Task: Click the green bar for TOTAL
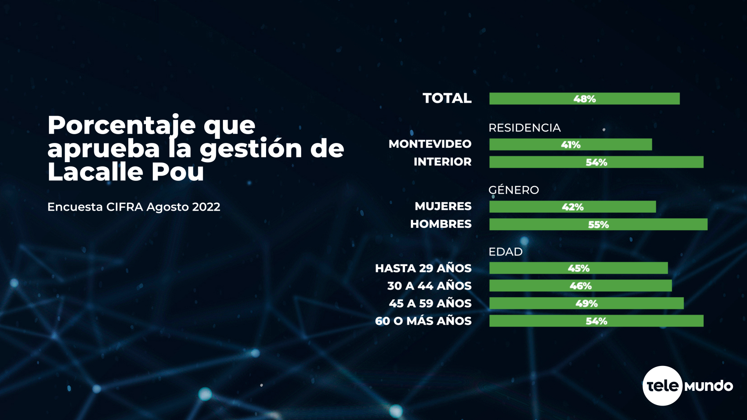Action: (584, 99)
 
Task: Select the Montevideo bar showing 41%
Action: (570, 145)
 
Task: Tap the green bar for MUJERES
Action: (572, 207)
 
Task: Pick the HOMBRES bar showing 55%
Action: (598, 224)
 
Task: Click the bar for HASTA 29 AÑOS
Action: (578, 268)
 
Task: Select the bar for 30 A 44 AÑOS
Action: (580, 286)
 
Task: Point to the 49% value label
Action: (586, 303)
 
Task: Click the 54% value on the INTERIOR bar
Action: (596, 162)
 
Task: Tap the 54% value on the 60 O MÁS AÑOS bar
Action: (596, 321)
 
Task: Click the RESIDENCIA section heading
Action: (524, 128)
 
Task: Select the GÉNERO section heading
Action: (514, 190)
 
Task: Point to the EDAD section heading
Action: (505, 252)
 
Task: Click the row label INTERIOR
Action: (442, 162)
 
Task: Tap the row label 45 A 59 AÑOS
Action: (430, 303)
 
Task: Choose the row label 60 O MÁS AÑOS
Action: (423, 321)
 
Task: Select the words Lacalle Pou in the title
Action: (126, 172)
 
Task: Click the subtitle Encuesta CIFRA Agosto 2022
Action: (133, 207)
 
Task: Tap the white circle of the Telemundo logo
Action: (662, 386)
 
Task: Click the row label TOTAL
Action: (447, 98)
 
